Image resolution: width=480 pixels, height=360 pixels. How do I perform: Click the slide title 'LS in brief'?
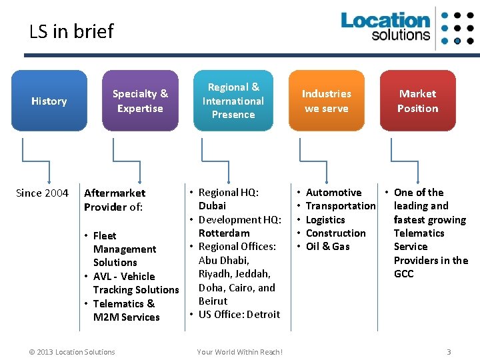pos(71,31)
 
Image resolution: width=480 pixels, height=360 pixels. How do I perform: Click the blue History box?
pos(49,101)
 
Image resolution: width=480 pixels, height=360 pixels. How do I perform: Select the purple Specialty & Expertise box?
pos(140,101)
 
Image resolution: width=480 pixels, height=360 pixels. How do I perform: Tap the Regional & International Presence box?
pos(233,101)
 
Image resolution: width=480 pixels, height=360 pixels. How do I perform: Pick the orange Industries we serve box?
pos(327,101)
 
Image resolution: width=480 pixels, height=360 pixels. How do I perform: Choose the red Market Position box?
pos(418,101)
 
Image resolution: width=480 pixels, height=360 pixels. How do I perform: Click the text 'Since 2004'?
pos(42,193)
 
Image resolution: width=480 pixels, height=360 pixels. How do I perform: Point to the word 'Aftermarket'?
pos(115,193)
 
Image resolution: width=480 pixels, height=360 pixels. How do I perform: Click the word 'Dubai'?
pos(212,206)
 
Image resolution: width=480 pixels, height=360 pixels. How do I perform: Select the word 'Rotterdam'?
pos(224,233)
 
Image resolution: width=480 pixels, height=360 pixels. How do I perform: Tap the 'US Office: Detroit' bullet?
pos(239,315)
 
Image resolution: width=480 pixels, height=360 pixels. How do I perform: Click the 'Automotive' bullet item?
pos(333,193)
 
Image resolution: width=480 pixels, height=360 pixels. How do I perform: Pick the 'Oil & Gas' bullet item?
pos(327,247)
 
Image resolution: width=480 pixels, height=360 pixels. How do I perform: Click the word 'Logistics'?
pos(325,220)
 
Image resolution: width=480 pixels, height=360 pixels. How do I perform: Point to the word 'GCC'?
pos(404,274)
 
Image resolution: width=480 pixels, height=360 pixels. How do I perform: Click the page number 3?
pos(449,352)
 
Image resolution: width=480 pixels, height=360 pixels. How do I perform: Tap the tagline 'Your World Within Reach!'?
pos(240,352)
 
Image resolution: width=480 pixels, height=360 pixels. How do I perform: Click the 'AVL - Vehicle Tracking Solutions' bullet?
pos(135,283)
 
